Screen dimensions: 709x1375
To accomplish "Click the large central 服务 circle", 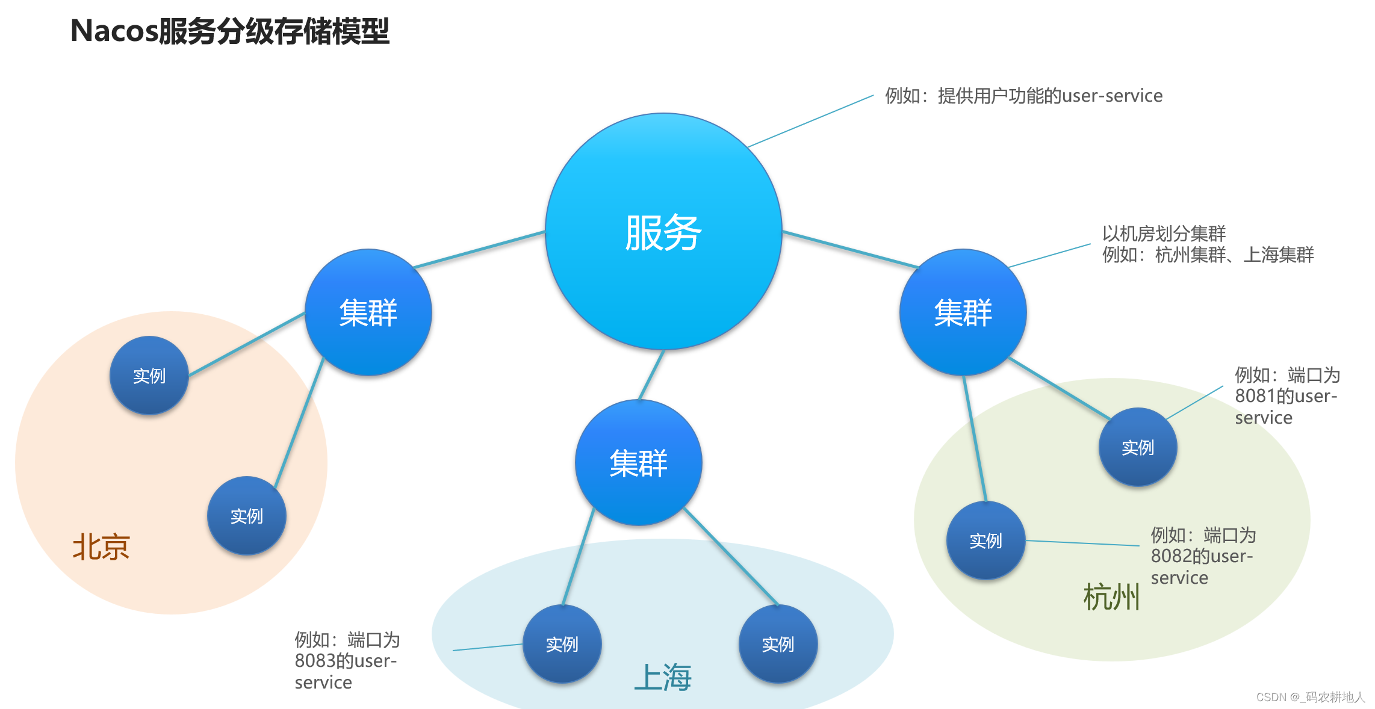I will pyautogui.click(x=663, y=232).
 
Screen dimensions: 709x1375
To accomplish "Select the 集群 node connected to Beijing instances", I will pyautogui.click(x=368, y=312).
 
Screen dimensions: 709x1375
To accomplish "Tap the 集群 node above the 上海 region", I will pyautogui.click(x=638, y=463).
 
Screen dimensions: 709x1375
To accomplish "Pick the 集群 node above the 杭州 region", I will pyautogui.click(x=963, y=312).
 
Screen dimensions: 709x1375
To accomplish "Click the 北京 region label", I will pyautogui.click(x=101, y=547).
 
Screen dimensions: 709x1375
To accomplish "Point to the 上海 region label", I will pyautogui.click(x=663, y=677).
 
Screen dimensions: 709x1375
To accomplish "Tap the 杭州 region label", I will pyautogui.click(x=1111, y=597).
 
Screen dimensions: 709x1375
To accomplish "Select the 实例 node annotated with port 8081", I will pyautogui.click(x=1137, y=447).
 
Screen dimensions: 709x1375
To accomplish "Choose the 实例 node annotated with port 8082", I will pyautogui.click(x=985, y=540).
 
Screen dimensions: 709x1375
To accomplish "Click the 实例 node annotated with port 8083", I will pyautogui.click(x=562, y=644).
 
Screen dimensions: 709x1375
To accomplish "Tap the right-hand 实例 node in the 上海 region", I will pyautogui.click(x=778, y=644).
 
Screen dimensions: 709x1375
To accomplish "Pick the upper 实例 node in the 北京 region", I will pyautogui.click(x=149, y=376).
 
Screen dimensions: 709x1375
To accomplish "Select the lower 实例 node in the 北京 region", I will pyautogui.click(x=246, y=516).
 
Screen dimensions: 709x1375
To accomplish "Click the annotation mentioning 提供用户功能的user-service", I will pyautogui.click(x=1023, y=96).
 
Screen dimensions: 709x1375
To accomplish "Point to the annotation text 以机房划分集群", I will pyautogui.click(x=1164, y=234).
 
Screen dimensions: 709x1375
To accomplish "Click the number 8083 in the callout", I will pyautogui.click(x=315, y=661).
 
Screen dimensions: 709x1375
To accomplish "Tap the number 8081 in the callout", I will pyautogui.click(x=1255, y=396).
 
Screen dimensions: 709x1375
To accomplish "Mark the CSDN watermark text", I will pyautogui.click(x=1310, y=697).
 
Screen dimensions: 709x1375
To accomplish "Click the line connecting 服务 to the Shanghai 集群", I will pyautogui.click(x=651, y=374).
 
